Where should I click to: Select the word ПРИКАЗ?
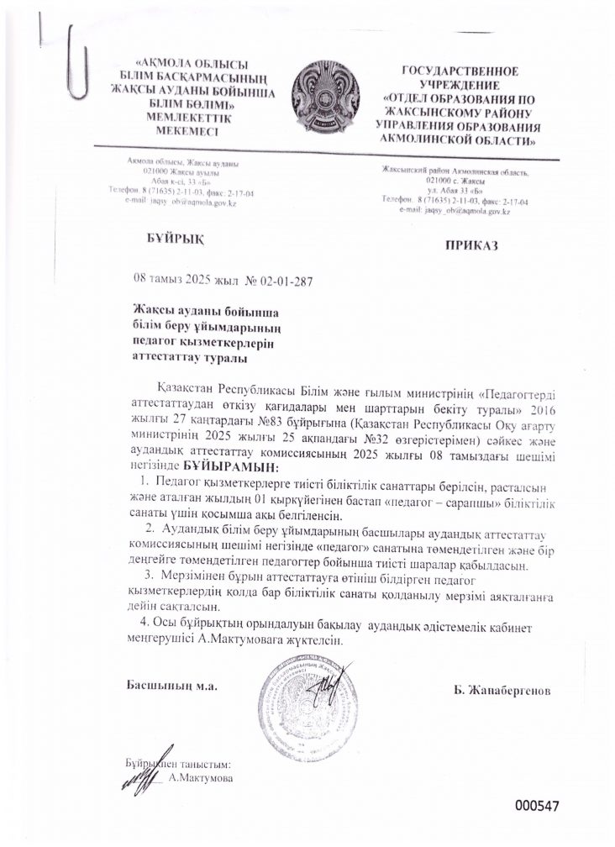472,245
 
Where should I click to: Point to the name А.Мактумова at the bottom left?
201,778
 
